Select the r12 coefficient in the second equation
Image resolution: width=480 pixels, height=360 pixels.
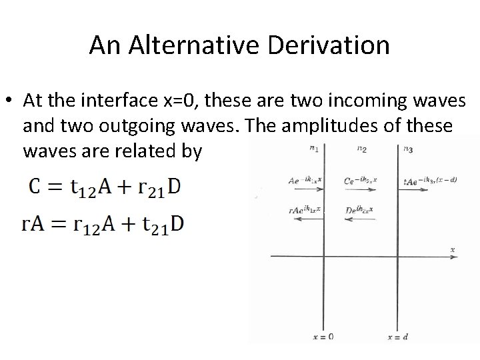[95, 226]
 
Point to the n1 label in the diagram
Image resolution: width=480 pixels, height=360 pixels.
[314, 149]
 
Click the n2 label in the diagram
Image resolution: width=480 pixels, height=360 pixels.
[361, 149]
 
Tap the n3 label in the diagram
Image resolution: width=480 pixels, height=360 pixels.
[408, 149]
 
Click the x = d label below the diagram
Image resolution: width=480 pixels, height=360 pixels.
[398, 337]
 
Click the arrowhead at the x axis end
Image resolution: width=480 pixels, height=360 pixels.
[447, 255]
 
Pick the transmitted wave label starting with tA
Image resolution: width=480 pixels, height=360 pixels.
[430, 181]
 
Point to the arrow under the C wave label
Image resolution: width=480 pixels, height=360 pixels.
[361, 190]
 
